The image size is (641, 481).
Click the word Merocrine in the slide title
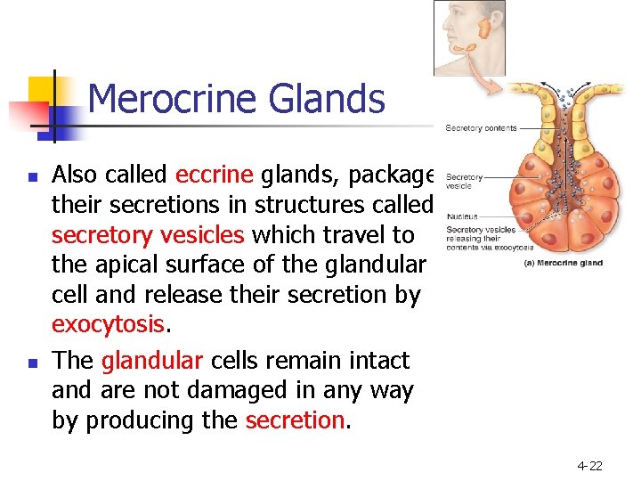pyautogui.click(x=166, y=99)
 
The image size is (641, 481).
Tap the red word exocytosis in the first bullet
pyautogui.click(x=109, y=325)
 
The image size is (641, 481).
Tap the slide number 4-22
pyautogui.click(x=589, y=465)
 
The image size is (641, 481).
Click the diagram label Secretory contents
pyautogui.click(x=481, y=128)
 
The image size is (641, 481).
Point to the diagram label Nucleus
pyautogui.click(x=461, y=216)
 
